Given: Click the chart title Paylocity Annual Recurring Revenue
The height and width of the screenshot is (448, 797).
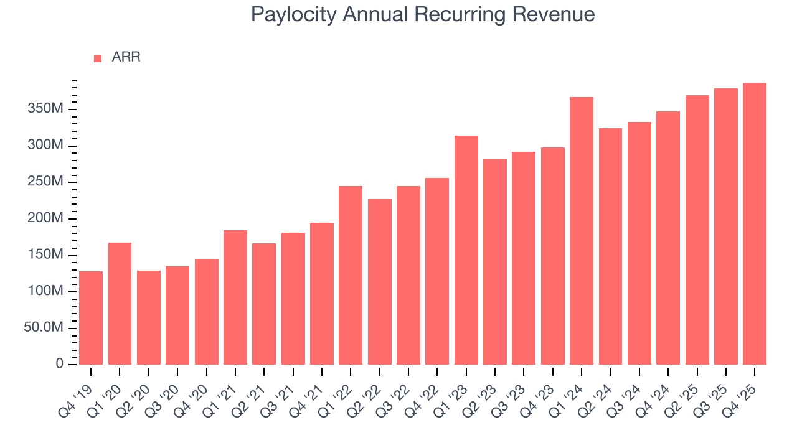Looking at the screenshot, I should [423, 14].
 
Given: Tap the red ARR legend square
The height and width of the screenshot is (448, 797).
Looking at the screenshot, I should [98, 58].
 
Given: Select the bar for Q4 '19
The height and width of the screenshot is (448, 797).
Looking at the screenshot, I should [91, 318].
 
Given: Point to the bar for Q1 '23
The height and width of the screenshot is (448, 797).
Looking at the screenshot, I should [466, 250].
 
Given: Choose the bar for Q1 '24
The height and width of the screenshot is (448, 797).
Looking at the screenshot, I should [582, 231].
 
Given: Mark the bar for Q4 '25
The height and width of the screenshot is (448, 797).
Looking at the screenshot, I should [755, 223].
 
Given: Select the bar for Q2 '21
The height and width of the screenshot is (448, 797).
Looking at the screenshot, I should [264, 304].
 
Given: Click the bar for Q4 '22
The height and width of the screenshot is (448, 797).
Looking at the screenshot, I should [437, 271].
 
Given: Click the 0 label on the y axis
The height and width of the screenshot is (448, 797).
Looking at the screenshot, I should [60, 364].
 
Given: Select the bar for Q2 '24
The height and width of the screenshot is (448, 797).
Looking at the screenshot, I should [610, 246].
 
